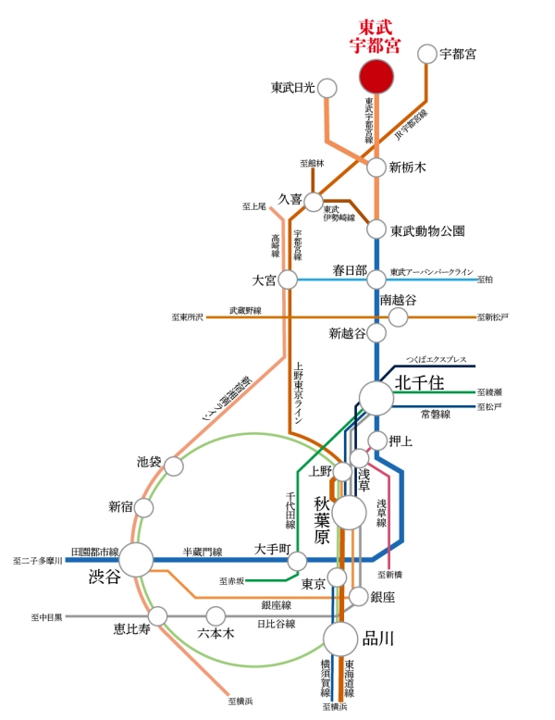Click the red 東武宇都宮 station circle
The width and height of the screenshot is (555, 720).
click(376, 77)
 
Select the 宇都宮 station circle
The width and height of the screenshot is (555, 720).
click(426, 54)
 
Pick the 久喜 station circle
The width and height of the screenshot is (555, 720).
click(314, 201)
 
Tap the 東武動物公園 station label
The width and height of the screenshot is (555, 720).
click(427, 230)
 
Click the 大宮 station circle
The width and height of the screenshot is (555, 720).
click(288, 279)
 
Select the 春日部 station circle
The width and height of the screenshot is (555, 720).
click(376, 279)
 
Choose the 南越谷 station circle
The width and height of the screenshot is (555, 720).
click(398, 317)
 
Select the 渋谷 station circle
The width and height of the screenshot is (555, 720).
click(136, 559)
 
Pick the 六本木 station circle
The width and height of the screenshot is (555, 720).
click(216, 615)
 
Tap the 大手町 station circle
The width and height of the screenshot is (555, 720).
click(297, 561)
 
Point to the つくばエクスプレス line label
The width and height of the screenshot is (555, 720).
click(438, 359)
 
